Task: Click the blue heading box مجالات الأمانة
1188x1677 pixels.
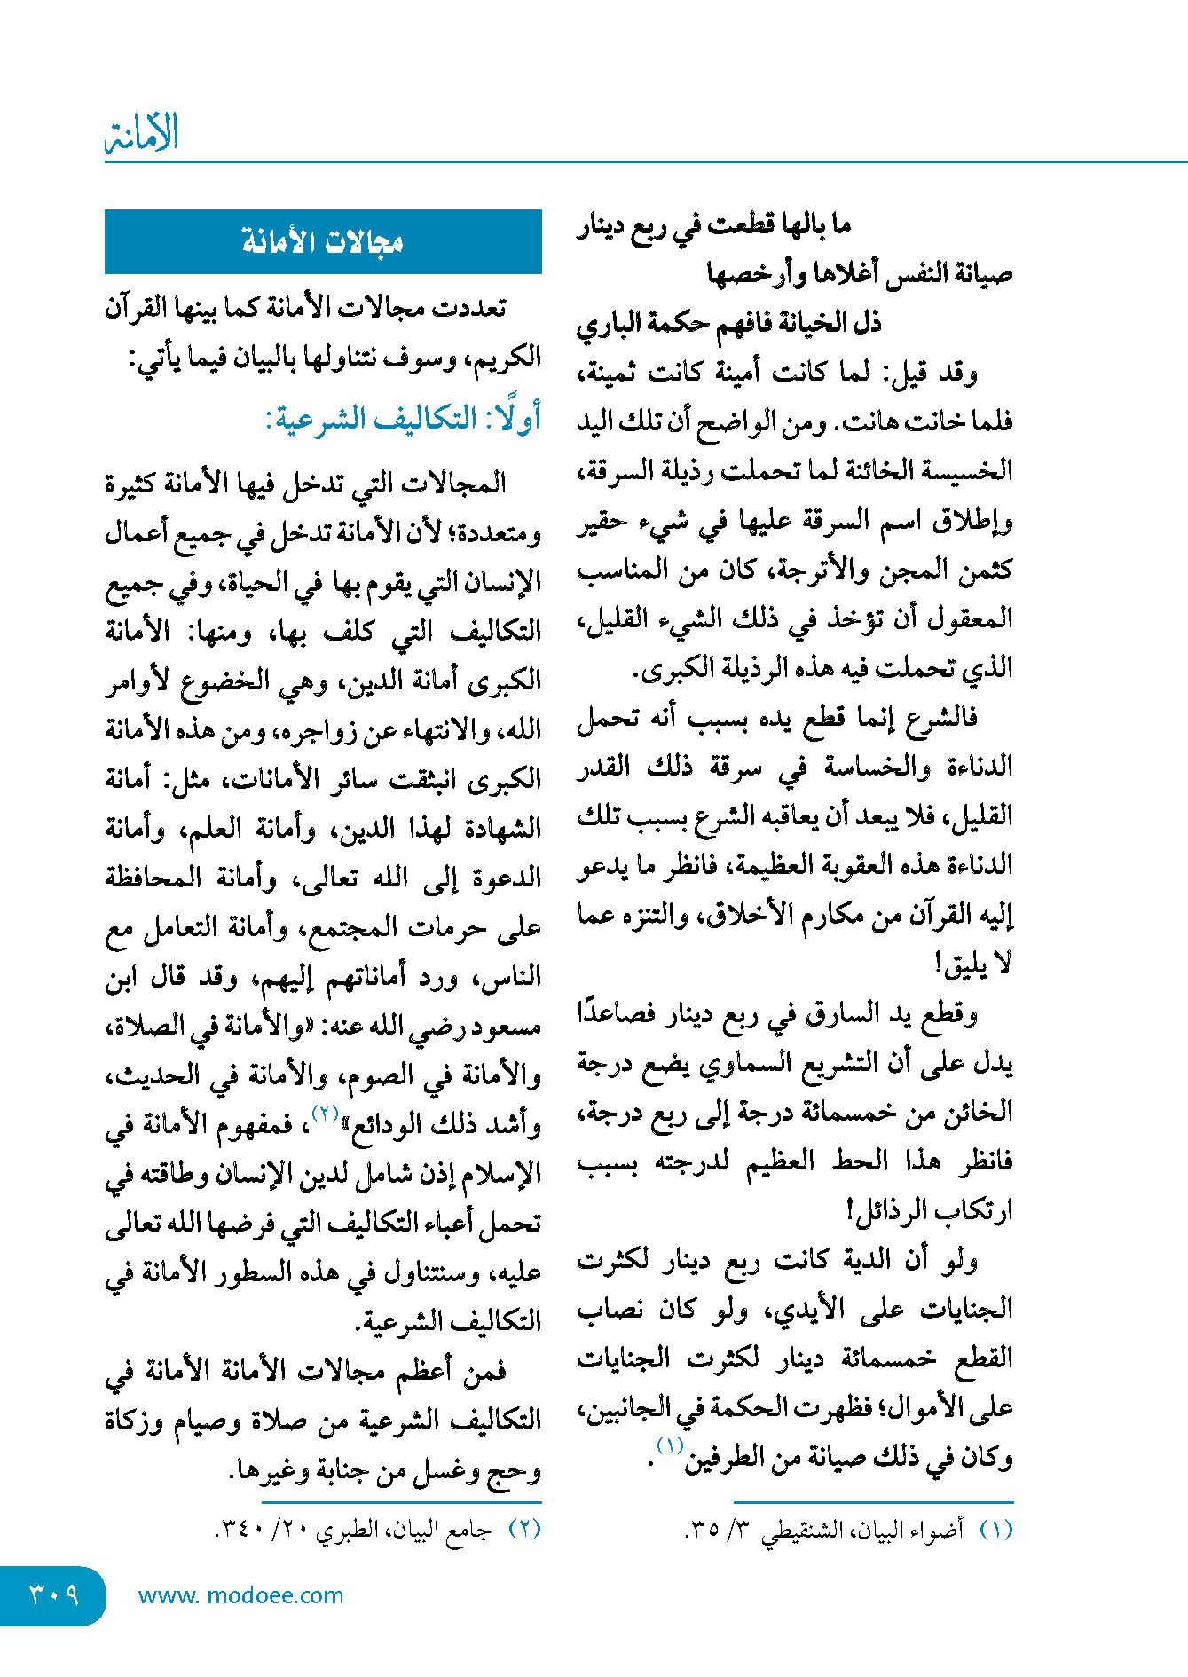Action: [323, 241]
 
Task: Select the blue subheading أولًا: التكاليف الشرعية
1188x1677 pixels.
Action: [404, 418]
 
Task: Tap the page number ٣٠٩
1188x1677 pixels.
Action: [53, 1595]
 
